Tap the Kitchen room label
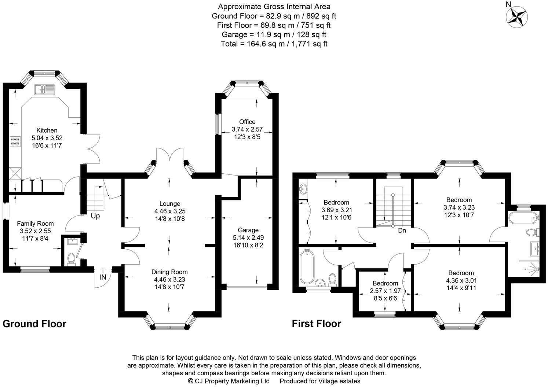[47, 130]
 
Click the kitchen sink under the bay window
[44, 89]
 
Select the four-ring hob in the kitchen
[16, 141]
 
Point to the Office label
[247, 122]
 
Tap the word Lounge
[169, 204]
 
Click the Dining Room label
[169, 272]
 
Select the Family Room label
[35, 224]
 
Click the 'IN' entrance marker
[103, 277]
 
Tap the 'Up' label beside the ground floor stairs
[95, 216]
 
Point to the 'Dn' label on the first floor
[402, 231]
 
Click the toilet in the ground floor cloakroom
[71, 258]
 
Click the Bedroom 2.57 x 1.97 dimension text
[385, 291]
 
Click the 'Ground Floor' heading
[34, 324]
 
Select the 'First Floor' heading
[316, 324]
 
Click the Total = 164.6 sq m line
[274, 44]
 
